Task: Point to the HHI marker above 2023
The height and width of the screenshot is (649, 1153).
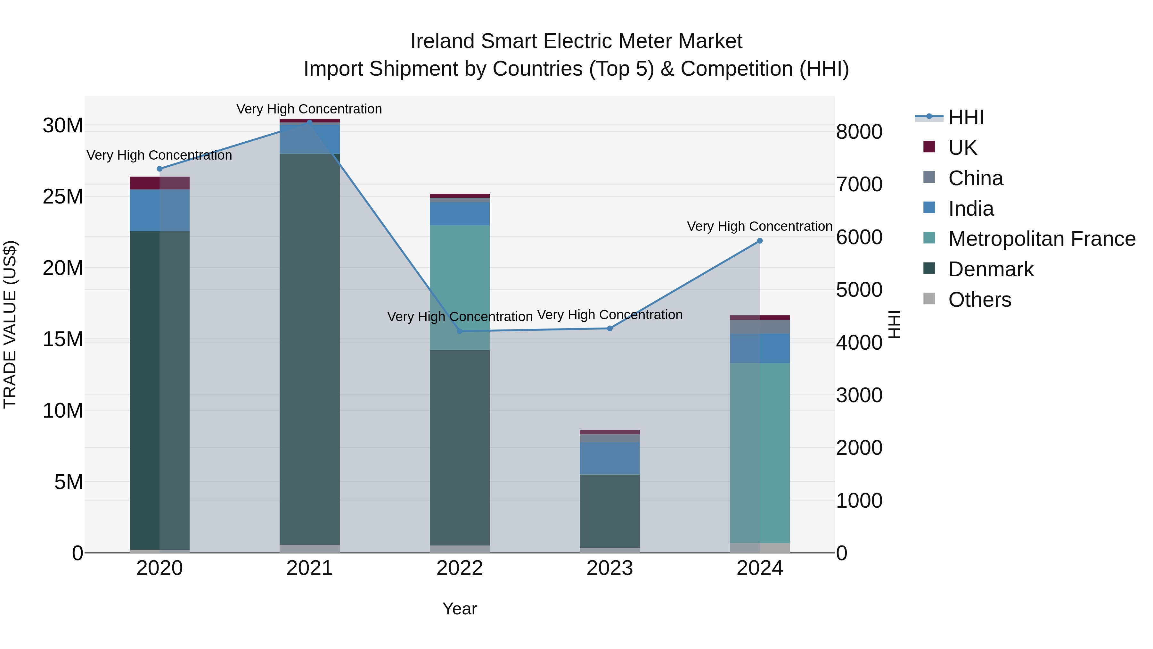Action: pos(609,328)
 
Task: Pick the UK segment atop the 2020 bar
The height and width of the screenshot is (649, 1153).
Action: pos(159,183)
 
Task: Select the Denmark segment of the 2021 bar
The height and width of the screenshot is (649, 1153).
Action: pos(309,349)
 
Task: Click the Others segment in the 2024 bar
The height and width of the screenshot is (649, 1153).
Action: pos(760,548)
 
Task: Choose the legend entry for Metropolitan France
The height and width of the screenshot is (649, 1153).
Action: pos(1042,239)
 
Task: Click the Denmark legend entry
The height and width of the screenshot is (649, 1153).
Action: pos(991,269)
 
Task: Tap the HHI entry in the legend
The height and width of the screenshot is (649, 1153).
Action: pos(966,117)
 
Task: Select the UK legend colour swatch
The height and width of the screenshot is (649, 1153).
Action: pos(929,146)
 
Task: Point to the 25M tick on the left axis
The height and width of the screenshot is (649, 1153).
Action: pos(63,197)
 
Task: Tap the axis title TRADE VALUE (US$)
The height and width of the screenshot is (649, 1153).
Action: pos(10,324)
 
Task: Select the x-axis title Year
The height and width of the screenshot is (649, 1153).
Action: pos(460,609)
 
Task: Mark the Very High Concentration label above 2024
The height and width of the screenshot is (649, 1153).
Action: pos(760,226)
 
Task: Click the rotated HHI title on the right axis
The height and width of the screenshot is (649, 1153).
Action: pos(894,324)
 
